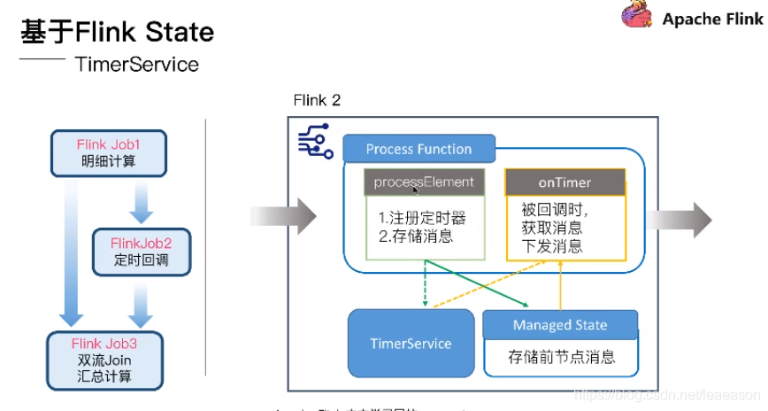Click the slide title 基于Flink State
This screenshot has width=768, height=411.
pyautogui.click(x=117, y=33)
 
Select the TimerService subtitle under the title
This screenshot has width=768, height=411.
pyautogui.click(x=137, y=64)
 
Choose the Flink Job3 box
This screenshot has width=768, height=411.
pyautogui.click(x=105, y=360)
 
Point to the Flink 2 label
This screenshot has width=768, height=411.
pyautogui.click(x=317, y=100)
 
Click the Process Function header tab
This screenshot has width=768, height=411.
pyautogui.click(x=419, y=149)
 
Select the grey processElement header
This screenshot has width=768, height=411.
pyautogui.click(x=424, y=182)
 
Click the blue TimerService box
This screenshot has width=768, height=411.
pyautogui.click(x=411, y=343)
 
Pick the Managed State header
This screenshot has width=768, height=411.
pyautogui.click(x=560, y=325)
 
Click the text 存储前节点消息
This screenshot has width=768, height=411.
pyautogui.click(x=561, y=357)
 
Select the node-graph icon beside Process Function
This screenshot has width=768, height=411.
pyautogui.click(x=314, y=143)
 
